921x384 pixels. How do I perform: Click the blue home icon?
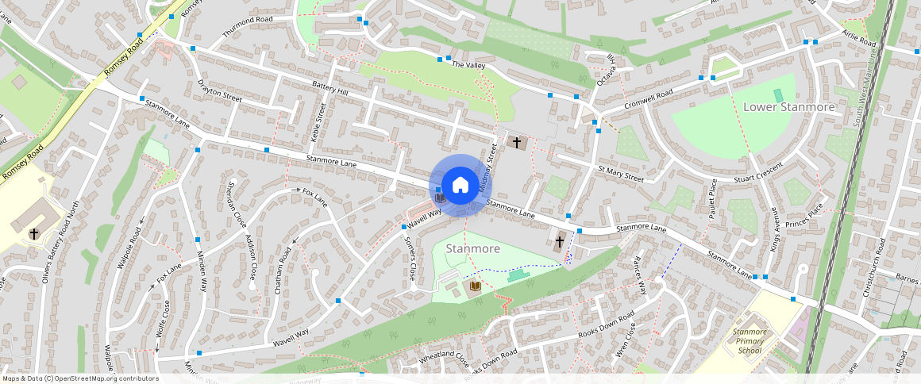(x=460, y=186)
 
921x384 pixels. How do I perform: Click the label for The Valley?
(x=468, y=65)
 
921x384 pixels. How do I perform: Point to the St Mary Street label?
(x=620, y=174)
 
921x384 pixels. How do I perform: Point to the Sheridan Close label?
(x=232, y=202)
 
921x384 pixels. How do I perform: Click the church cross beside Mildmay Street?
(x=517, y=143)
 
